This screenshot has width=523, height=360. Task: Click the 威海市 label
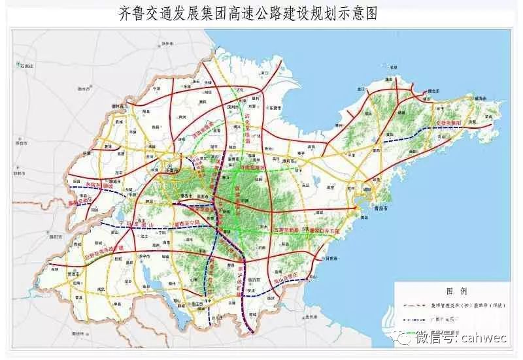click(482, 98)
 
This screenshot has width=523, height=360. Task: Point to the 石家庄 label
click(26, 65)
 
